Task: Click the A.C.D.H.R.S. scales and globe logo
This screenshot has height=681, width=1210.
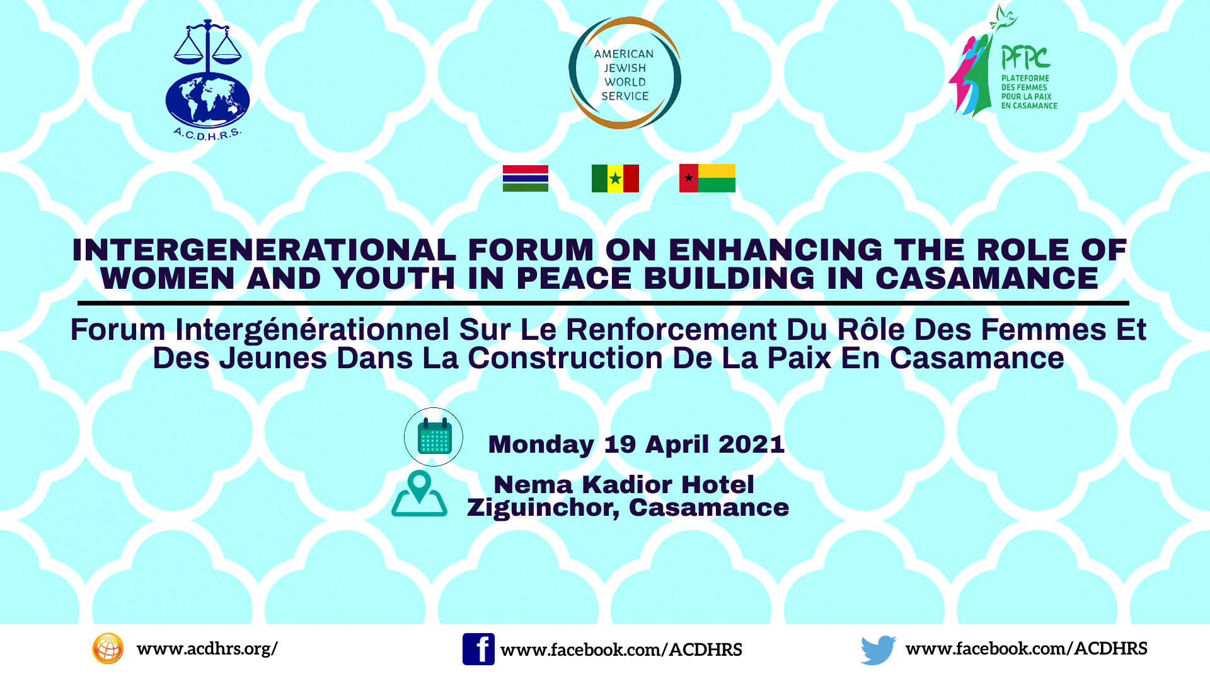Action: tap(207, 80)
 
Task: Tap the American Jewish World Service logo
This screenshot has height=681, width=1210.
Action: tap(625, 73)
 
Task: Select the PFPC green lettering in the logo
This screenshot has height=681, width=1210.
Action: tap(1025, 58)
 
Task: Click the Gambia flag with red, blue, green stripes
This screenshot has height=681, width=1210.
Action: tap(526, 178)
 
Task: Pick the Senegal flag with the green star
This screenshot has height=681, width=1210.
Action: tap(615, 178)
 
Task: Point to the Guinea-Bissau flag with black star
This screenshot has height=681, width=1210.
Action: tap(707, 178)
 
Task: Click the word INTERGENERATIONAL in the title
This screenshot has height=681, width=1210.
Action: tap(264, 250)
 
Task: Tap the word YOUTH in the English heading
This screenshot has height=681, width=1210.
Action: tap(394, 278)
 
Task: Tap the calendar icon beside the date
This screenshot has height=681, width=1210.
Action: tap(434, 436)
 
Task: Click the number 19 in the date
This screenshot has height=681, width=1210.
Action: tap(619, 444)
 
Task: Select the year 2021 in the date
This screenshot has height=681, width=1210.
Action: tap(751, 444)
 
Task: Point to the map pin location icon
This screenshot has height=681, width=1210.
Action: tap(419, 494)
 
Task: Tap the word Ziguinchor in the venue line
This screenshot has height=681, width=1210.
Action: tap(543, 508)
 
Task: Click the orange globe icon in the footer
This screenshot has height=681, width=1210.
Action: tap(108, 648)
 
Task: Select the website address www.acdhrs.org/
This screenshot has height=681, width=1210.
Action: tap(207, 649)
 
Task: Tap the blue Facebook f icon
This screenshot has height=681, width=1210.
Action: tap(478, 649)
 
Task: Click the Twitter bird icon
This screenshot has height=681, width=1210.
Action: tap(879, 649)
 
